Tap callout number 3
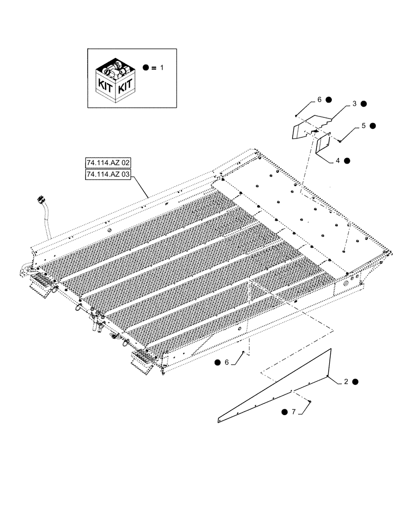[354, 104]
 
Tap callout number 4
[338, 161]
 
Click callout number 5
[364, 125]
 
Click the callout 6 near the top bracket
[319, 100]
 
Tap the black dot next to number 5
[373, 125]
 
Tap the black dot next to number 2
[355, 382]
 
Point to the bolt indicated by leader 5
[340, 141]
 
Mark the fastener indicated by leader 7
[310, 401]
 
